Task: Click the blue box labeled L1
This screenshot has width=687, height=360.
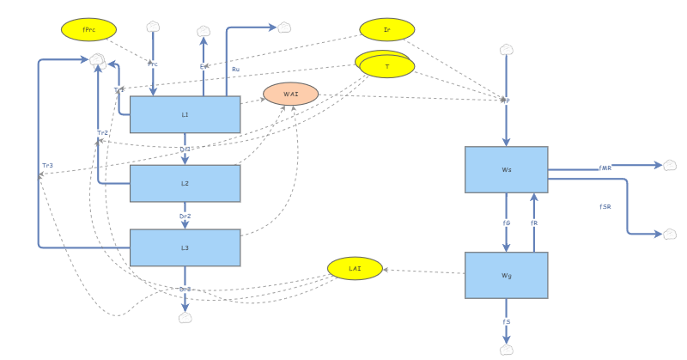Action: pos(185,114)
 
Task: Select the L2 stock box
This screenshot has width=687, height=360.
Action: pos(185,183)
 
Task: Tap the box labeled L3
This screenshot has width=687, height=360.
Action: pos(185,247)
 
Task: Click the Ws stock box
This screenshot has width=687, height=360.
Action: pos(506,169)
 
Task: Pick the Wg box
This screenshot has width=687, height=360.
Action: pos(506,275)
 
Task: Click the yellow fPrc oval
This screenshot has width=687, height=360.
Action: pos(88,29)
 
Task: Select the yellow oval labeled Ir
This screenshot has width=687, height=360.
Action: pos(386,29)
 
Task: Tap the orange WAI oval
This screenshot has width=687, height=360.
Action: pos(290,94)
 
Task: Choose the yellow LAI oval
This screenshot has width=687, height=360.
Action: pos(355,268)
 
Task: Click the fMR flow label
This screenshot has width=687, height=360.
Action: pos(605,168)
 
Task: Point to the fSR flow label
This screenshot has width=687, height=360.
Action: pos(605,207)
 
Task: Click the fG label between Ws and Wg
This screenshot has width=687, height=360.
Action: pos(507,223)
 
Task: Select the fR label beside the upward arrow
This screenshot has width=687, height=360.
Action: pos(534,223)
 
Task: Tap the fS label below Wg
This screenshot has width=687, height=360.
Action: pos(507,321)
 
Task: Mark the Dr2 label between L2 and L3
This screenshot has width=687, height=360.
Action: pos(185,216)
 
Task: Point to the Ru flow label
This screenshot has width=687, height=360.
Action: pos(236,69)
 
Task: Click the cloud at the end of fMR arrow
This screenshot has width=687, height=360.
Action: pos(670,165)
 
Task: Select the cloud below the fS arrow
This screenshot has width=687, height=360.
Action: pos(507,350)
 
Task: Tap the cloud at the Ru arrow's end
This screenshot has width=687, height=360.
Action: pos(284,27)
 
